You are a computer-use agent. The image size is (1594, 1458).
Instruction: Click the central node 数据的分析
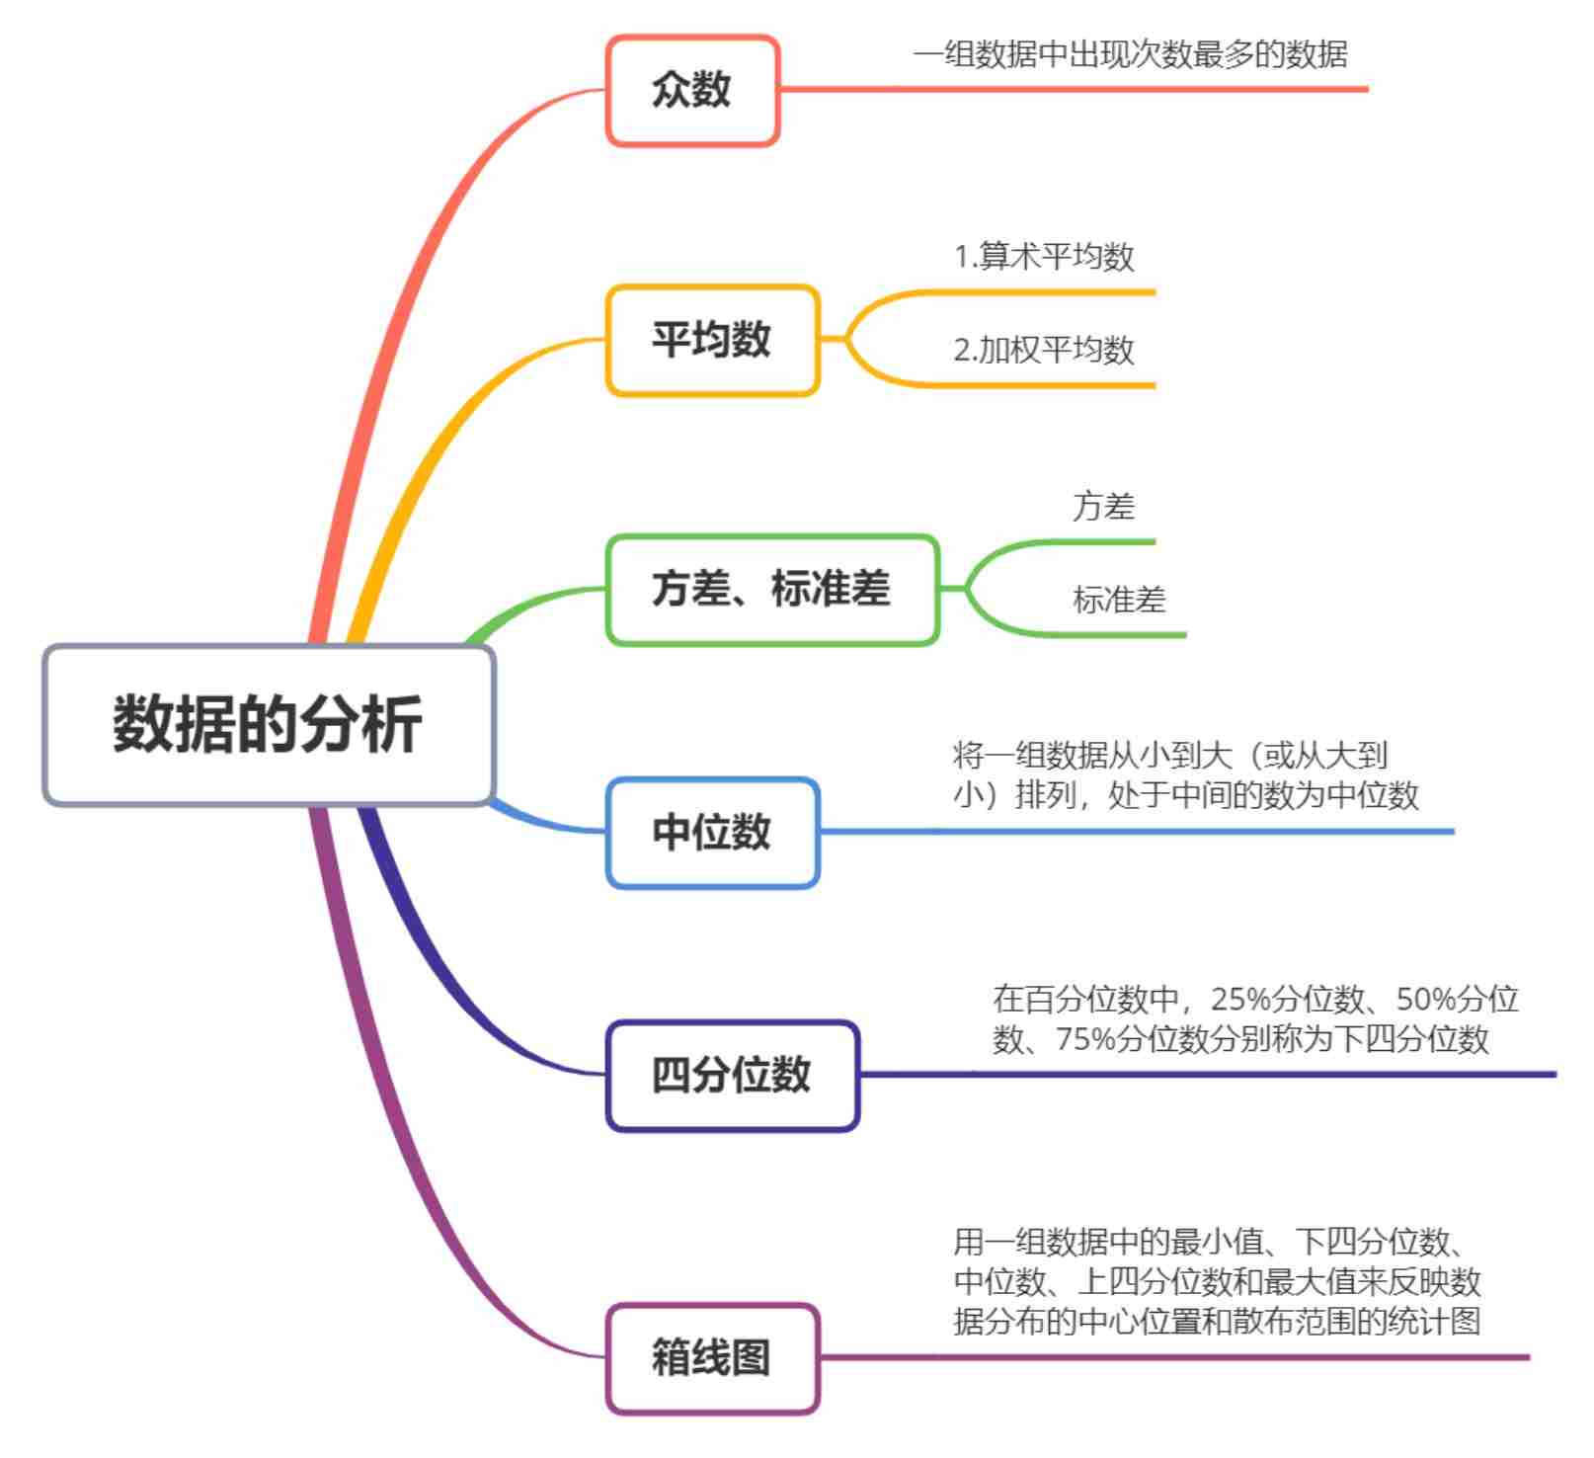click(268, 724)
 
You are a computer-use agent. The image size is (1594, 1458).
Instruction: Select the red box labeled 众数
click(691, 90)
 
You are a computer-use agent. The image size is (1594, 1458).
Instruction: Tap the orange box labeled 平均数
click(711, 340)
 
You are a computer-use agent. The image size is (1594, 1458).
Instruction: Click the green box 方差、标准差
click(771, 590)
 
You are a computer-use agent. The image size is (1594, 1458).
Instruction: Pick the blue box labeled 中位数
click(711, 832)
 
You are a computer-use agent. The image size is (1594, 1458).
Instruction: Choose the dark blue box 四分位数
click(732, 1075)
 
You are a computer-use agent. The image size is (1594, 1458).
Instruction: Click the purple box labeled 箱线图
click(711, 1357)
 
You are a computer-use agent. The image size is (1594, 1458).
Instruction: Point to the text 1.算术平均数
click(1044, 257)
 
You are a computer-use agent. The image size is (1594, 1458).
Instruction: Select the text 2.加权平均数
click(1044, 350)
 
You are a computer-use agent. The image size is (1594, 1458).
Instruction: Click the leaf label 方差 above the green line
click(1104, 507)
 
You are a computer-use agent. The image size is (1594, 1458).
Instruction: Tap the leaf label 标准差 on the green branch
click(1119, 600)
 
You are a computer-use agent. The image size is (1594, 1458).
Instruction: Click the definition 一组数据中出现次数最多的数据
click(1130, 53)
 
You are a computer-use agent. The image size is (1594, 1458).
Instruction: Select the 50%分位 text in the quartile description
click(1457, 1000)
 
